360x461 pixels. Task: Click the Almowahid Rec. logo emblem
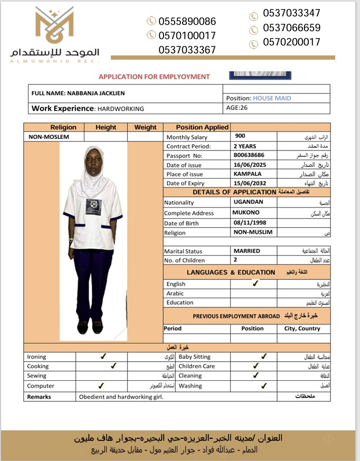[54, 27]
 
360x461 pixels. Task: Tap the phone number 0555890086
[187, 22]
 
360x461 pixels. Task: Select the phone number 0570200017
[291, 43]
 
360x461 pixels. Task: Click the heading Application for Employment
[154, 77]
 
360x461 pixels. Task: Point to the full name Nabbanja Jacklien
[96, 93]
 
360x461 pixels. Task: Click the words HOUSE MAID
[272, 98]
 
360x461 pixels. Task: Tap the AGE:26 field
[236, 108]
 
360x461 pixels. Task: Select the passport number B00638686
[249, 155]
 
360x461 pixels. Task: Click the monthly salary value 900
[240, 136]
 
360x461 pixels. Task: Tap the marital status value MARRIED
[247, 251]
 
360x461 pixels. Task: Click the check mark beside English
[255, 284]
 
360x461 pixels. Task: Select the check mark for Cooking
[112, 365]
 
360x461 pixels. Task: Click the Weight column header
[145, 127]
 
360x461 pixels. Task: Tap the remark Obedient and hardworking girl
[121, 397]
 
